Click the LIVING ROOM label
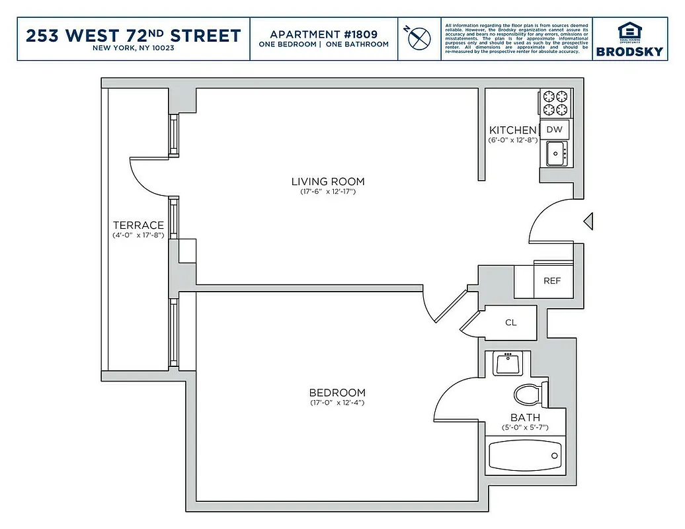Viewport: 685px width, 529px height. tap(327, 181)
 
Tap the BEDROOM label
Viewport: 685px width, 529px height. tap(337, 392)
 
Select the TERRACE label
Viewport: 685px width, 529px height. tap(138, 225)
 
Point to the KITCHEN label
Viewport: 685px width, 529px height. tap(512, 130)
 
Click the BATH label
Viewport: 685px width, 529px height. tap(525, 417)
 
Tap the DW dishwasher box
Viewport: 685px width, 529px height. tap(554, 130)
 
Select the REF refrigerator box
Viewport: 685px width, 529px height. tap(552, 280)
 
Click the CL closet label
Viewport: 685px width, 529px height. tap(510, 323)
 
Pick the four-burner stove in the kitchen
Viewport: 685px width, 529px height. tap(555, 102)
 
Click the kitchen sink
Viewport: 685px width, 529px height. tap(555, 153)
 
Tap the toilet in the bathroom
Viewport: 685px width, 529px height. tap(530, 395)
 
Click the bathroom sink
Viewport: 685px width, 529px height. tap(508, 362)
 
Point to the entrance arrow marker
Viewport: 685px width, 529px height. tap(588, 222)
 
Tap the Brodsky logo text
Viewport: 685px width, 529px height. tap(629, 51)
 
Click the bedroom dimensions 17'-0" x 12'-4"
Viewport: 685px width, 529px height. tap(337, 403)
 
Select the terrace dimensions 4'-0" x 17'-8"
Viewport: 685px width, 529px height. tap(138, 235)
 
